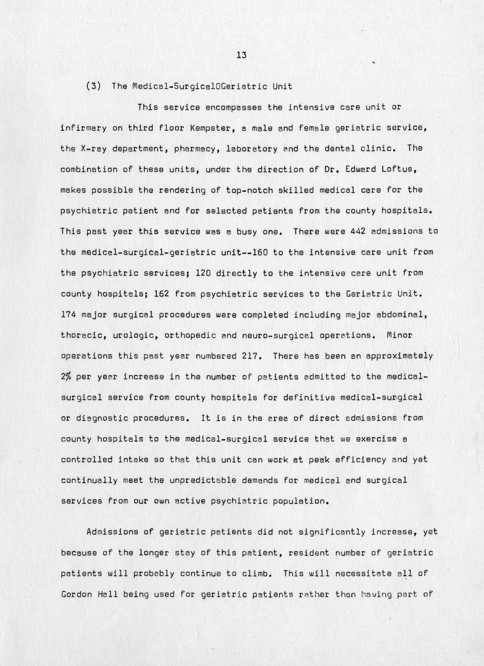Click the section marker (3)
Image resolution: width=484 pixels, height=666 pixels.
93,86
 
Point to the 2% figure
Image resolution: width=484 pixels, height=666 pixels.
66,377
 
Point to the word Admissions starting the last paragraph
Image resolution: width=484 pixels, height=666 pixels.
112,532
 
